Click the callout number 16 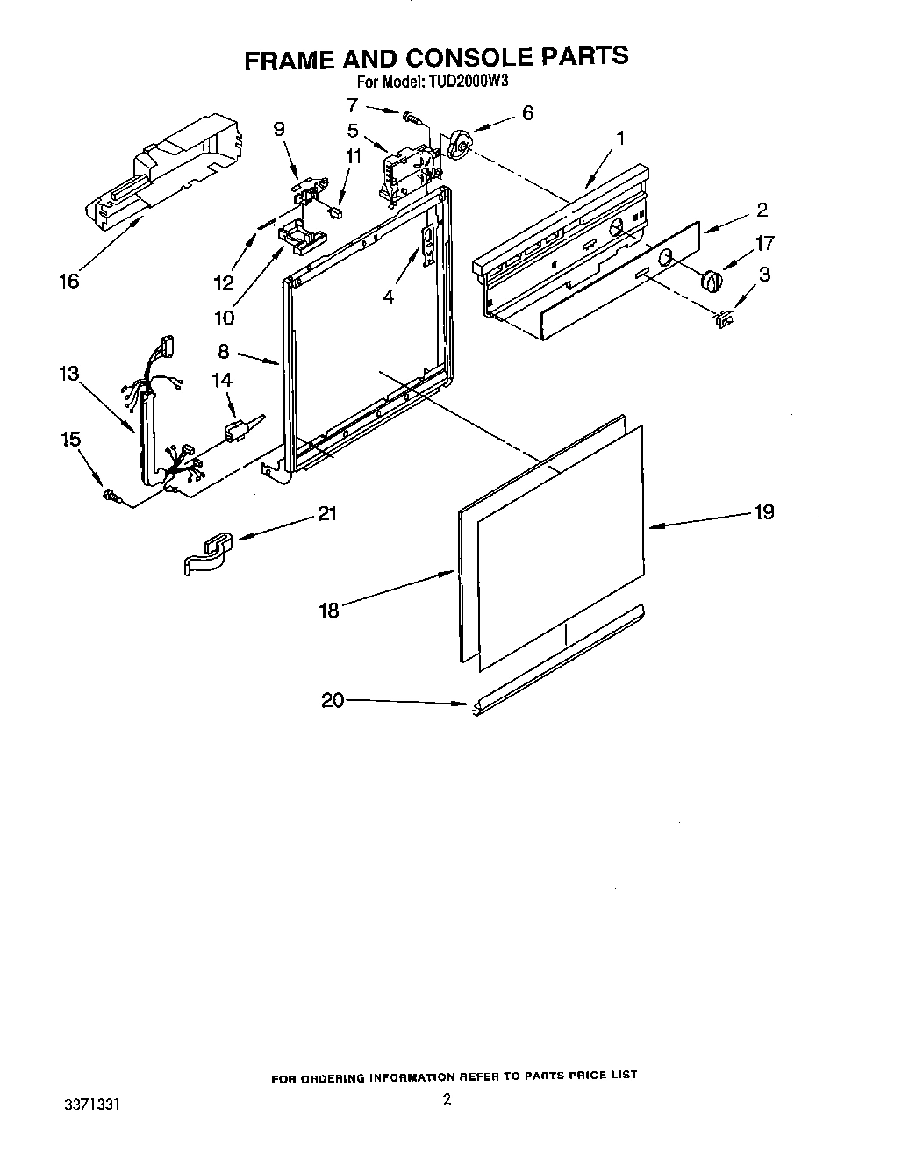coord(68,281)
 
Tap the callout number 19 coord(764,511)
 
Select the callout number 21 coord(326,513)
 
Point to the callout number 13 coord(68,374)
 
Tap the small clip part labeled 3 coord(725,321)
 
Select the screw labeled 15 coord(111,497)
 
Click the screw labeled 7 coord(410,116)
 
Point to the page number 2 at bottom coord(447,1099)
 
